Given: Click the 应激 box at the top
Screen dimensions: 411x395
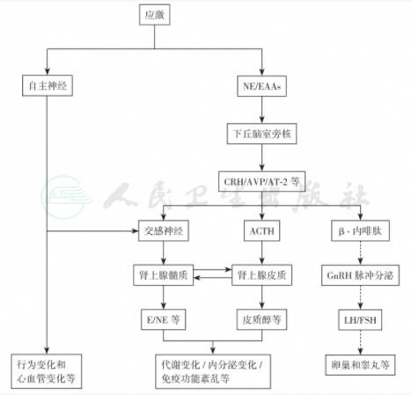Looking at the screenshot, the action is (154, 15).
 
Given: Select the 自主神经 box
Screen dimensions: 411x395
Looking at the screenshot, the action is (48, 85).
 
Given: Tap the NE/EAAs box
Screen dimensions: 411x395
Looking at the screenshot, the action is (262, 86).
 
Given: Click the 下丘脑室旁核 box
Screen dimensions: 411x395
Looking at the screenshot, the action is (262, 134).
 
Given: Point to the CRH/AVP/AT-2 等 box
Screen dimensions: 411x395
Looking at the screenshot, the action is (262, 181).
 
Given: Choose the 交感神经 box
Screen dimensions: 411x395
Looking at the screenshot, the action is (164, 230).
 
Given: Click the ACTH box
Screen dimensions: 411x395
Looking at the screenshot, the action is (262, 230).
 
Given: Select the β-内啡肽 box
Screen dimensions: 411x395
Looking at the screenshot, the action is (361, 230).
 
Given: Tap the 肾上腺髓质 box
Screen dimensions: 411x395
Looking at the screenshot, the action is (164, 275).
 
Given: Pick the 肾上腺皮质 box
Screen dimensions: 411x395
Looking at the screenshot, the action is (262, 275).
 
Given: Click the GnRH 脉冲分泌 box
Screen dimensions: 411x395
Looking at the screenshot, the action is (361, 275).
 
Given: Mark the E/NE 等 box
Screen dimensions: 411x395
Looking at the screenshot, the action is (164, 319).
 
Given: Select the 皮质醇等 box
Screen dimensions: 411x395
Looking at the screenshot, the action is (262, 319).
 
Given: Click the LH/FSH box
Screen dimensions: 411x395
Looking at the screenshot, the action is (361, 319).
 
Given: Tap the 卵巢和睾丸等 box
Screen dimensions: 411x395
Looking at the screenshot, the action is (361, 365).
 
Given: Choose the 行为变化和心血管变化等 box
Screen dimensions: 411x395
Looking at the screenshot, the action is (47, 371).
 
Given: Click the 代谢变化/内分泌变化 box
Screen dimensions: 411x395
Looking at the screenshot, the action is (213, 371).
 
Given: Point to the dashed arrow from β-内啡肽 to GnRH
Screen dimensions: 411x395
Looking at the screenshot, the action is (361, 253).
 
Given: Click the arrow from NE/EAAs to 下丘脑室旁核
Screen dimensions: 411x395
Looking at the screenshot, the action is (262, 110).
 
